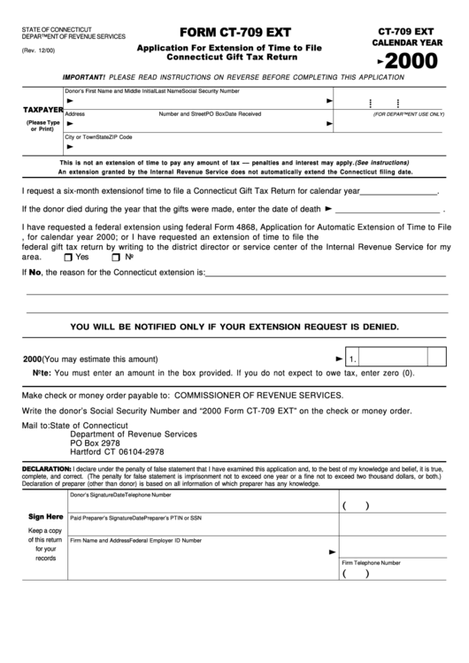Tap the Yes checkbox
point(69,258)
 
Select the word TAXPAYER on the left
point(35,109)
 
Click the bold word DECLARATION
point(46,467)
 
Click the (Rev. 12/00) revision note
point(37,50)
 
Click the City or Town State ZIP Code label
point(98,137)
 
